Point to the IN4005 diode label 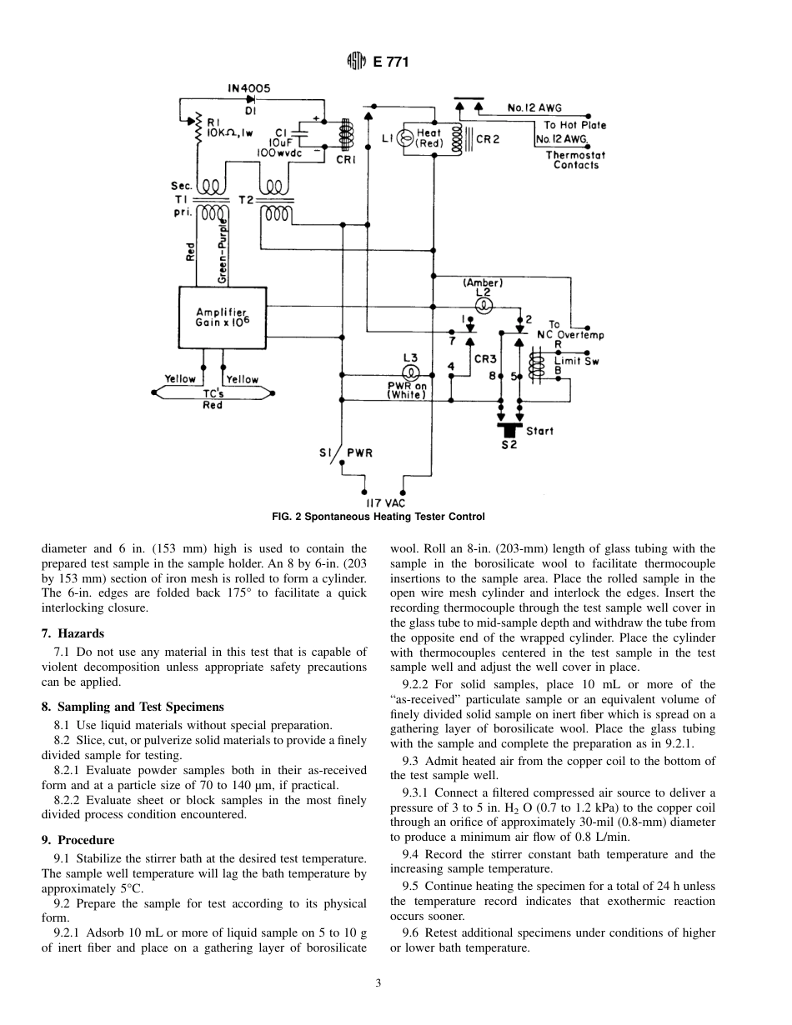tap(248, 87)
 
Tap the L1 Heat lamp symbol tap(404, 138)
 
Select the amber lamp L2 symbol tap(481, 305)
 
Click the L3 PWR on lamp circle tap(410, 372)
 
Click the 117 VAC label tap(385, 502)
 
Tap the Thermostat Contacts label tap(576, 160)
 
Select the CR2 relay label tap(487, 139)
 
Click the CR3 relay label tap(485, 359)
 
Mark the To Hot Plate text tap(575, 125)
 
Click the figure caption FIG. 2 tap(378, 517)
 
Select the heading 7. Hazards tap(73, 633)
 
